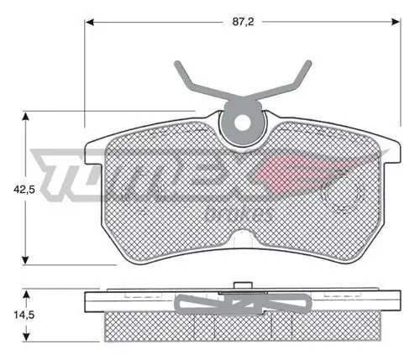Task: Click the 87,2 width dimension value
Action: coord(243,22)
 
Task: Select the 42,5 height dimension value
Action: coord(24,190)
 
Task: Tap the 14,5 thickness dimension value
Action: coord(24,316)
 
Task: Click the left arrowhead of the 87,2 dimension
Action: coord(89,22)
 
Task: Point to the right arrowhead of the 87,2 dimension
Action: coord(396,22)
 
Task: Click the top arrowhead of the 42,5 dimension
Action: coord(25,116)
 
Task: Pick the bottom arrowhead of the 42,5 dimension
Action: coord(25,260)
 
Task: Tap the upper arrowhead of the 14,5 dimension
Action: coord(26,295)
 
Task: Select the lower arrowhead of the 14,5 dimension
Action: coord(26,337)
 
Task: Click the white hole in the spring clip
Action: coord(242,123)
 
